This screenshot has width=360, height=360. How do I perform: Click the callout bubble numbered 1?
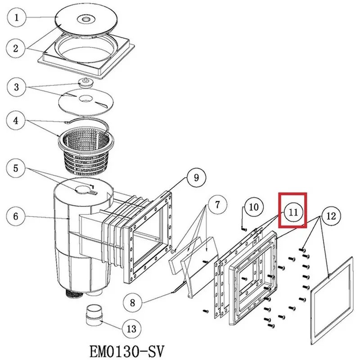[x=17, y=18]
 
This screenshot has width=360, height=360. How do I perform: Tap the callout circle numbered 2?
[x=17, y=48]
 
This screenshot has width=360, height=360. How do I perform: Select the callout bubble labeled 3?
[x=17, y=86]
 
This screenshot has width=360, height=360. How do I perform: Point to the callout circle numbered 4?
[x=17, y=121]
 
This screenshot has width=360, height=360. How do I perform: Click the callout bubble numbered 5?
[x=17, y=169]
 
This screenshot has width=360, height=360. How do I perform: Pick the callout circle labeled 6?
[x=17, y=216]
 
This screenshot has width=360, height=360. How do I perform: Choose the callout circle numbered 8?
[x=132, y=302]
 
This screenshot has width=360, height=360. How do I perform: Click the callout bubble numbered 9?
[x=196, y=177]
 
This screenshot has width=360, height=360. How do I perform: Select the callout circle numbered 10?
[x=254, y=207]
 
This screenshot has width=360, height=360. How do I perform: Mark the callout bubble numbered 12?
[x=331, y=216]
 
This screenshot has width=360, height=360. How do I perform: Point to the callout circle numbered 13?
[x=131, y=329]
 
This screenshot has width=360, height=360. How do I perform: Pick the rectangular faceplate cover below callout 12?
[x=332, y=297]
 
